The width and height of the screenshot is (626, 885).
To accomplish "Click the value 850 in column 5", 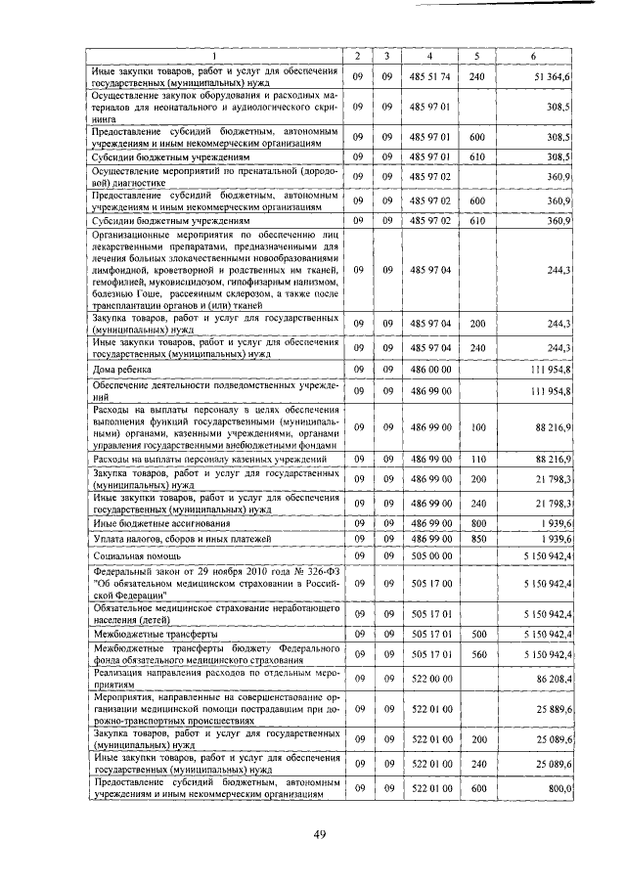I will click(x=476, y=539).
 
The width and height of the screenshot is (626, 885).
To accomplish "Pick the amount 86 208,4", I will click(x=555, y=678).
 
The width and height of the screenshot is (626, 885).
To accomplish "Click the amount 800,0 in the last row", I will click(x=559, y=787).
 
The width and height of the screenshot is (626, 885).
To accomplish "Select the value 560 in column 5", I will click(x=476, y=653).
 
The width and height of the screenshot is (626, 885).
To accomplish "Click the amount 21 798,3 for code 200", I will click(x=555, y=478).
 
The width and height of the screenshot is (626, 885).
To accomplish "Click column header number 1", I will click(x=216, y=56).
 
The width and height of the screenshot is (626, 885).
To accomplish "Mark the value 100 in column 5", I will click(x=476, y=427).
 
